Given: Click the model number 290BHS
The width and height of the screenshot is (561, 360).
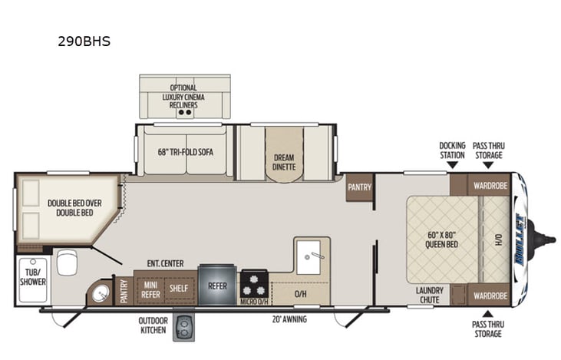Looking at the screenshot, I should pyautogui.click(x=84, y=41).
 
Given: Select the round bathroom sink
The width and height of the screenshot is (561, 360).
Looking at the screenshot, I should pyautogui.click(x=98, y=293).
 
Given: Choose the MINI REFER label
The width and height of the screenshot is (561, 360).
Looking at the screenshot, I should pyautogui.click(x=150, y=288).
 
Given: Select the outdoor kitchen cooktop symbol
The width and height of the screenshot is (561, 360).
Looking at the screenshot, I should pyautogui.click(x=184, y=327).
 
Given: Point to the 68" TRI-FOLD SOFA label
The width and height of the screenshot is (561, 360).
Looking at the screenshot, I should pyautogui.click(x=185, y=151).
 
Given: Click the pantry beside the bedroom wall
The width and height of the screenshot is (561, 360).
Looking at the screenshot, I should pyautogui.click(x=359, y=187).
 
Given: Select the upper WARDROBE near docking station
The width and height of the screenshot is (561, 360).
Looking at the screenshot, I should pyautogui.click(x=489, y=185).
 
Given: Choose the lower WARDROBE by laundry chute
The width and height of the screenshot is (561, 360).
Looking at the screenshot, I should pyautogui.click(x=489, y=296).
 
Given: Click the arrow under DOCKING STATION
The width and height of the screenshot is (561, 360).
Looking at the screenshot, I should pyautogui.click(x=452, y=164).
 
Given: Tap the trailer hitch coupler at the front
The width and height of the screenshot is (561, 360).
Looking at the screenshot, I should pyautogui.click(x=547, y=239).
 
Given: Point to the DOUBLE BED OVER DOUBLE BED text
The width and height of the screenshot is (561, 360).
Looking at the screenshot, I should pyautogui.click(x=70, y=208).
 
